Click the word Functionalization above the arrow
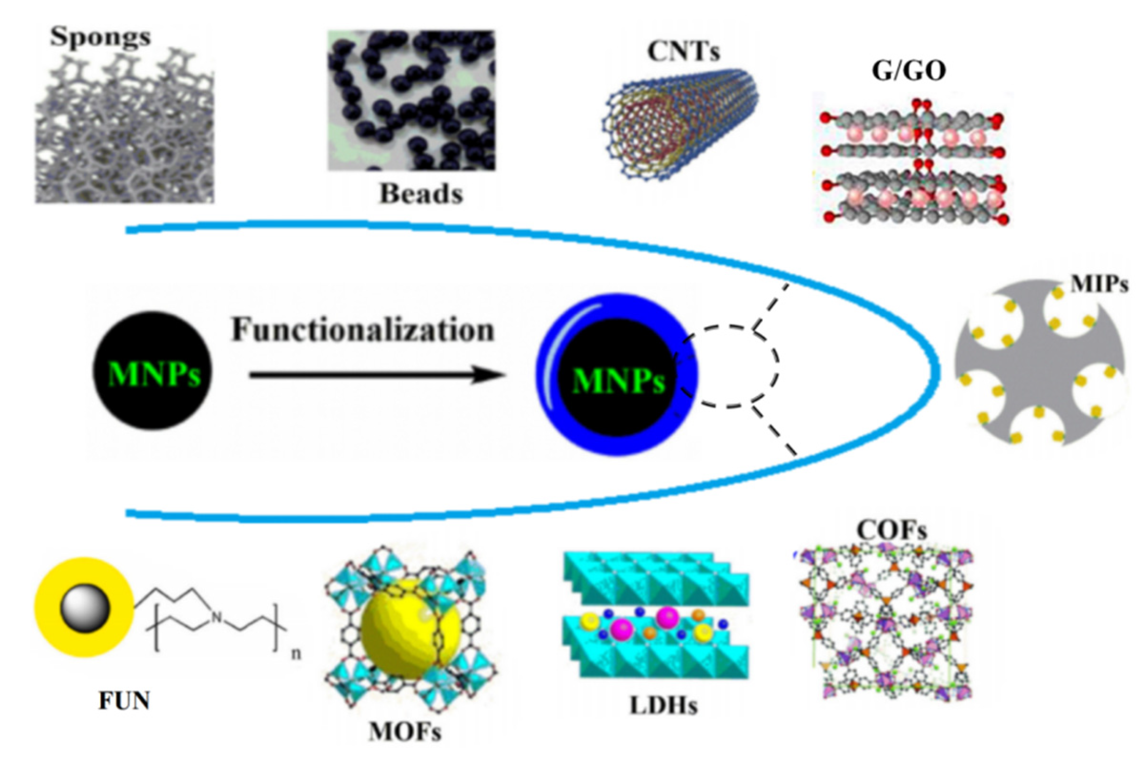click(x=363, y=330)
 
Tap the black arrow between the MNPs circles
click(x=377, y=375)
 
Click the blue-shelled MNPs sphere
click(x=616, y=375)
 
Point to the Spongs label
click(x=100, y=36)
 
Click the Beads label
click(x=421, y=193)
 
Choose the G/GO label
click(x=909, y=71)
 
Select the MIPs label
click(x=1099, y=284)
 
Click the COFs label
click(x=892, y=530)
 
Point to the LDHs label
click(x=663, y=705)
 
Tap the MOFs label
click(x=405, y=732)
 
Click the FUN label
click(x=124, y=701)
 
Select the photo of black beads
click(x=411, y=100)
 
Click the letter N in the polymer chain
click(x=217, y=617)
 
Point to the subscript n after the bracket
click(x=296, y=654)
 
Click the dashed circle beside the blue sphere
click(x=729, y=366)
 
